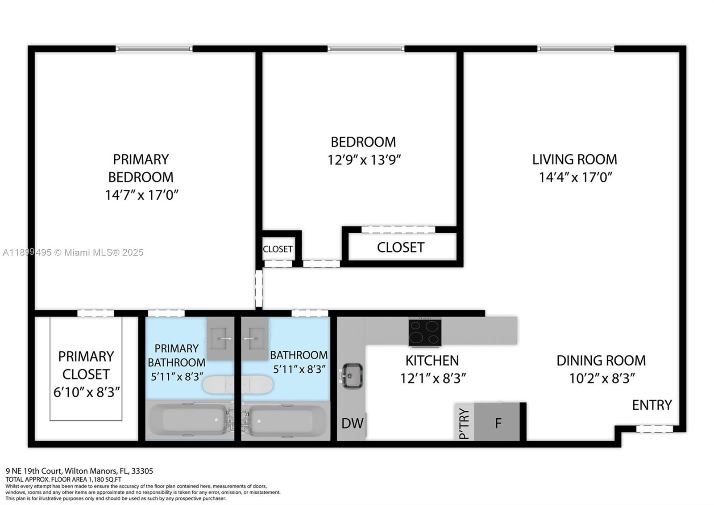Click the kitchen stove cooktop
tap(425, 332)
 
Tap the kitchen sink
tap(353, 376)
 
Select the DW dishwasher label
tap(352, 423)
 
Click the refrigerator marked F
tap(498, 422)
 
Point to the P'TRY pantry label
tap(464, 424)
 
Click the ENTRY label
tap(652, 405)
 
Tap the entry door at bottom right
tap(654, 429)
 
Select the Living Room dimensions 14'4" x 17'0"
tap(575, 177)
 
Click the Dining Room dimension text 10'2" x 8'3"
tap(602, 379)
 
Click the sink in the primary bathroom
tap(220, 338)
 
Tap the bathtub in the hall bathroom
tap(286, 420)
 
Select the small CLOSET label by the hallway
tap(278, 249)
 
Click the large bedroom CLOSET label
tap(400, 247)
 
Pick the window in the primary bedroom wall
tap(154, 49)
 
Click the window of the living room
tap(576, 49)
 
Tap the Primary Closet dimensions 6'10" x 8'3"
tap(87, 392)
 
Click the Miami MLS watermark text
tap(73, 252)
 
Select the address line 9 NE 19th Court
tap(79, 471)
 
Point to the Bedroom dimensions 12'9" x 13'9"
tap(364, 160)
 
